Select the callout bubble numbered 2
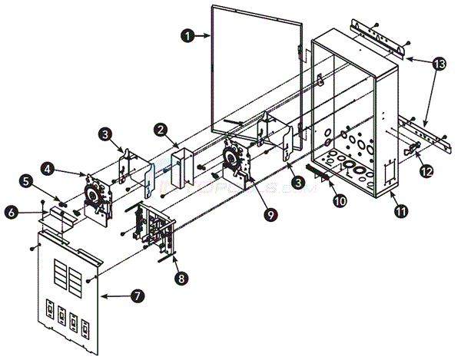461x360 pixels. click(161, 130)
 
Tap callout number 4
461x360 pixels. click(48, 166)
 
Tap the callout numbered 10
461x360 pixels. click(317, 200)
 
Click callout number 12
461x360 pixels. click(425, 172)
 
